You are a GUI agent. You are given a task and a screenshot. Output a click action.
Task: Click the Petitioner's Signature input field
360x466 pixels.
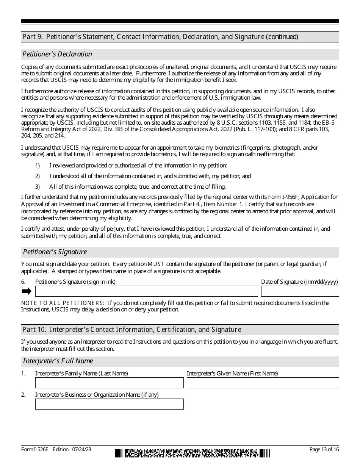[x=146, y=291]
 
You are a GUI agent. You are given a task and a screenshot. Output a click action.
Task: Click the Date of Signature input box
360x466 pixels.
[x=300, y=291]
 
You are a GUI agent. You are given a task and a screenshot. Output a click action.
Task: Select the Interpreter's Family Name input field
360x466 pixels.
[x=109, y=383]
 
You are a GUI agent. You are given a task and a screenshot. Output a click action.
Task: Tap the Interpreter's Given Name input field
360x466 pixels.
[x=263, y=383]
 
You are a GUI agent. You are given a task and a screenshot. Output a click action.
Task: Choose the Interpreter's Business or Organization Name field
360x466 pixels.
[x=109, y=404]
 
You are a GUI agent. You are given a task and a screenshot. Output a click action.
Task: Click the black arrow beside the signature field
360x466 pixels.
[x=27, y=291]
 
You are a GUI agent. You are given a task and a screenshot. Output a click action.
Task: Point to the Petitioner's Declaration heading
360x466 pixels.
[x=57, y=54]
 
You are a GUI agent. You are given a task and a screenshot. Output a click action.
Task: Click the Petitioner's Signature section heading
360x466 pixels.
[x=55, y=252]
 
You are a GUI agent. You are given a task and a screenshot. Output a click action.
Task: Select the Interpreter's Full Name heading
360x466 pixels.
[x=58, y=361]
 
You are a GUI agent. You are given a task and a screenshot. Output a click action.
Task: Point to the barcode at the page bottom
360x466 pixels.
[x=193, y=453]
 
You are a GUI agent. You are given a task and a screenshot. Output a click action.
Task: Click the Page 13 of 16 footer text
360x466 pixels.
[x=324, y=449]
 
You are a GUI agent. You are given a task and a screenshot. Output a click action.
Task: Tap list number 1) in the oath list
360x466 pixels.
[x=38, y=166]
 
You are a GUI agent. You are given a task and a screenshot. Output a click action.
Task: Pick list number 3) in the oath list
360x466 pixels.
[x=38, y=187]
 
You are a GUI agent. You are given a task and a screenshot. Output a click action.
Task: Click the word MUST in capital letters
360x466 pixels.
[x=156, y=264]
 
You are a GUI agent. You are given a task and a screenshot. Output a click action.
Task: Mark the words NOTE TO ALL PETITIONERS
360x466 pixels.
[x=63, y=303]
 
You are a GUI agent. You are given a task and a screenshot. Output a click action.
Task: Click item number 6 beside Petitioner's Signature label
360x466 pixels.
[x=23, y=282]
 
